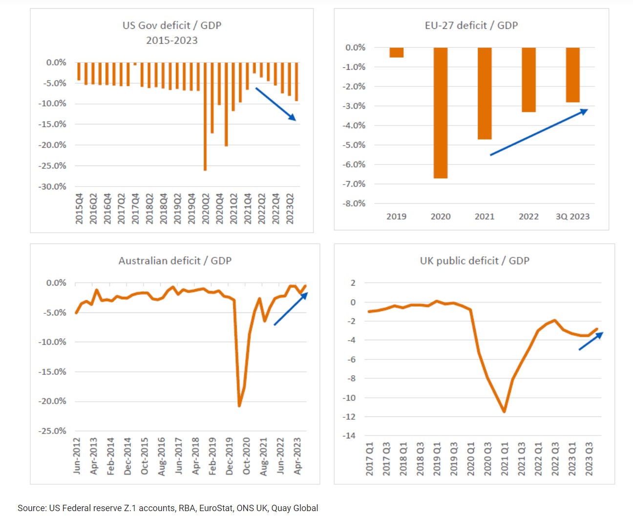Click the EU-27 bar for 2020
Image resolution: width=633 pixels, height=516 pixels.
coord(440,112)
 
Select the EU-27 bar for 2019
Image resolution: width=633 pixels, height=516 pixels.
coord(396,52)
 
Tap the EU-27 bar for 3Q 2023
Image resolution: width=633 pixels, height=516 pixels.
coord(572,75)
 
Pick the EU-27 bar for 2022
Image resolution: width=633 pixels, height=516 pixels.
coord(528,80)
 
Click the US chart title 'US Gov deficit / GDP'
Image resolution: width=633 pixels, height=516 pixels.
coord(172,25)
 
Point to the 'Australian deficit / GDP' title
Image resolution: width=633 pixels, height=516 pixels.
coord(175,261)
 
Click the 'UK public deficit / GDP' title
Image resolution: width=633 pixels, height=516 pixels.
coord(474,261)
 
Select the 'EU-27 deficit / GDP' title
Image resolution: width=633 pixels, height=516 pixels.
coord(471,25)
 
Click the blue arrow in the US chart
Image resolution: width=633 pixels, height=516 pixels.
coord(275,103)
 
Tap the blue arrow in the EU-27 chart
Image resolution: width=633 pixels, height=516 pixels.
coord(538,132)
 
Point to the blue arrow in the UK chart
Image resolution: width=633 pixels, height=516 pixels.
coord(591,341)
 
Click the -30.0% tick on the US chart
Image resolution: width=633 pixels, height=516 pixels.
coord(52,186)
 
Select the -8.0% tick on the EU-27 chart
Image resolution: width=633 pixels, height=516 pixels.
coord(355,204)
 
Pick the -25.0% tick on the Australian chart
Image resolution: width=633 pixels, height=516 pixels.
coord(52,431)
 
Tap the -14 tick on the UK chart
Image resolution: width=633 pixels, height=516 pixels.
coord(349,435)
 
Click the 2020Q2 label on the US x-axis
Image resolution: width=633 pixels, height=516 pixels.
coord(206,208)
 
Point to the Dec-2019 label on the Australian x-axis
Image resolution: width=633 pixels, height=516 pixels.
coord(230,456)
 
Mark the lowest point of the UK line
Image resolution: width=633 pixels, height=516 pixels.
coord(504,412)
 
